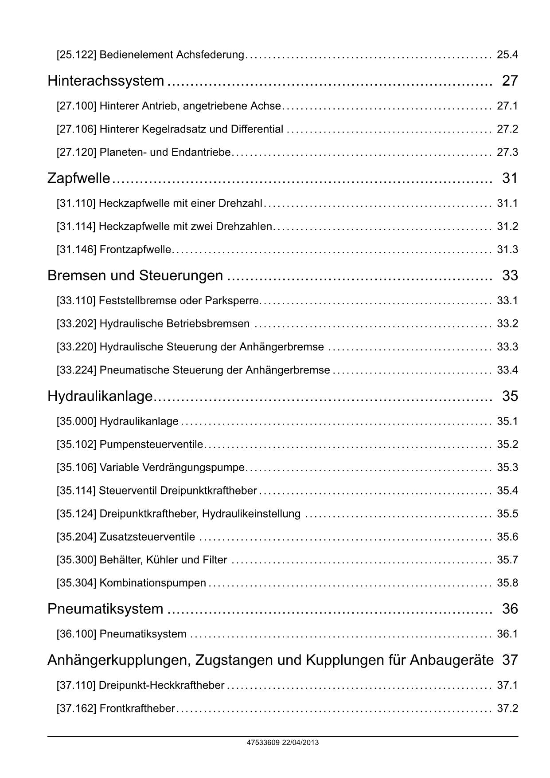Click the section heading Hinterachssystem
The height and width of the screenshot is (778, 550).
(x=105, y=81)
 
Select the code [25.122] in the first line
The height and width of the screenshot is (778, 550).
(x=76, y=55)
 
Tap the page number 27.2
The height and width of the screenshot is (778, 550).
(x=507, y=130)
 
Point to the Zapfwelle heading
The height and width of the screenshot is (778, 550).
(x=78, y=178)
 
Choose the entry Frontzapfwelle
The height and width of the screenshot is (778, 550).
(x=135, y=250)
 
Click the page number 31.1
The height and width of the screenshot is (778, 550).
(x=507, y=204)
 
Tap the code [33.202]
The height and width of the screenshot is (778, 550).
(x=76, y=324)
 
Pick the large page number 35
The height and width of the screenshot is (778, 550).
(x=510, y=396)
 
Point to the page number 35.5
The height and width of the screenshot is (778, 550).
(x=507, y=514)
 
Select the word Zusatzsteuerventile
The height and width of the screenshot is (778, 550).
(x=147, y=537)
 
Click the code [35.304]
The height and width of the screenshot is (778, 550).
(x=76, y=583)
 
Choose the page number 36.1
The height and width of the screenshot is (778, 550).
(x=507, y=634)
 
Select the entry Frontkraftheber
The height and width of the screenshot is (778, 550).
(x=137, y=709)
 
